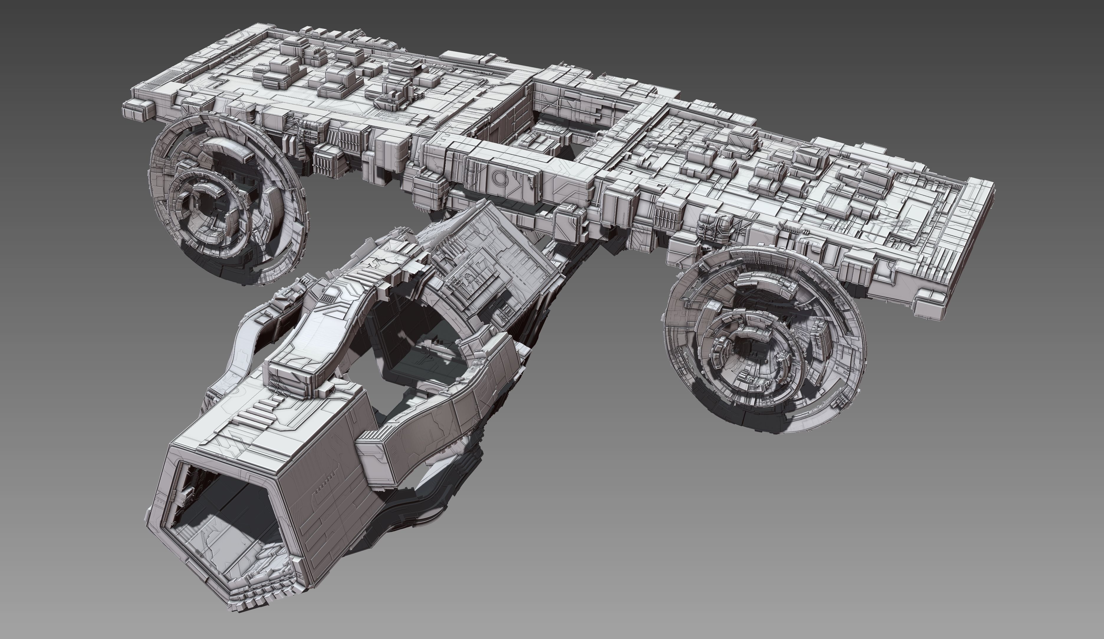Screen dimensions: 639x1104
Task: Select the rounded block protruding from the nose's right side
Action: click(x=377, y=456)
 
